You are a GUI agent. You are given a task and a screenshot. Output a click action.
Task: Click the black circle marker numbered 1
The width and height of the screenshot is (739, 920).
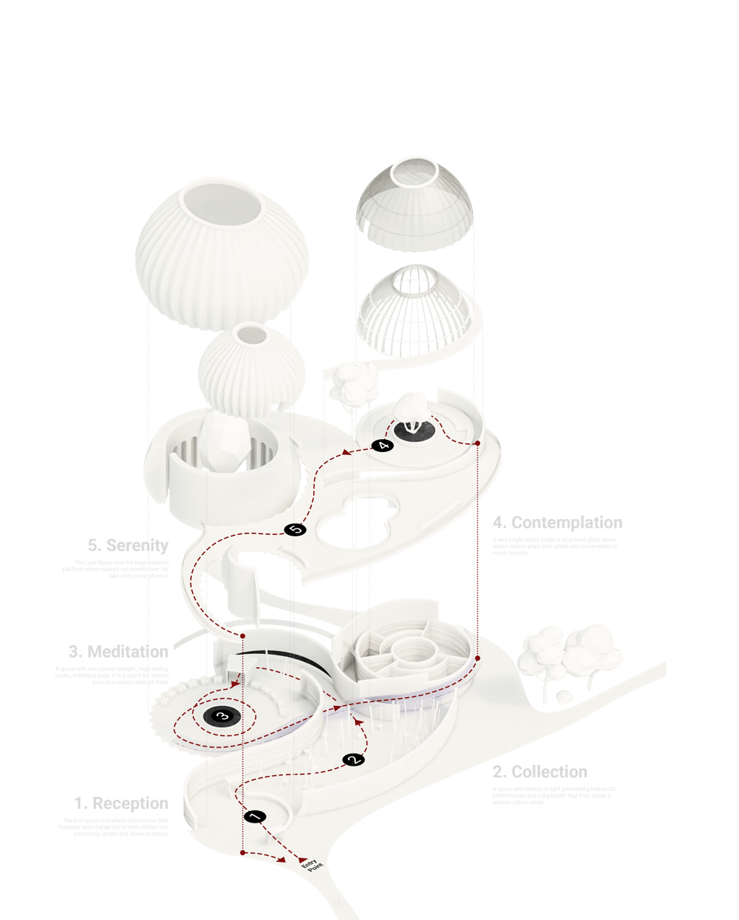point(255,817)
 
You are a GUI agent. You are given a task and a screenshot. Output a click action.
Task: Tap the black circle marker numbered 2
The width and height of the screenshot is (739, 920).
point(353,759)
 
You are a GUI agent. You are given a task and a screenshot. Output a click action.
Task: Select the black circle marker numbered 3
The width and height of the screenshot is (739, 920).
point(222,716)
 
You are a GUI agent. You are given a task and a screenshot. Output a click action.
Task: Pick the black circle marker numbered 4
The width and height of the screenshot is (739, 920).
point(383,446)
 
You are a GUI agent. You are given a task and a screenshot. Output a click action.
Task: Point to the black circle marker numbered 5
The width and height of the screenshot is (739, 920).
point(295,530)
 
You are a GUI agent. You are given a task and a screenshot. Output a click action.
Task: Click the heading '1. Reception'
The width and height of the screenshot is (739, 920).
point(121,804)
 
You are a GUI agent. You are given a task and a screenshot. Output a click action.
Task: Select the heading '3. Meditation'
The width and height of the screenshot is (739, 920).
point(118,652)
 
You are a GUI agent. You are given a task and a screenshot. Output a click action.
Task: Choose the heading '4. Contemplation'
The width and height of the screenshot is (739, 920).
point(557,523)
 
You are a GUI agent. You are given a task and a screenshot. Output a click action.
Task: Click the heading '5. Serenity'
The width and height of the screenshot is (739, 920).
point(127,546)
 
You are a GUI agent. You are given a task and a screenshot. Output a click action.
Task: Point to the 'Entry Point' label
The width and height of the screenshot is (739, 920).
point(309,864)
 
